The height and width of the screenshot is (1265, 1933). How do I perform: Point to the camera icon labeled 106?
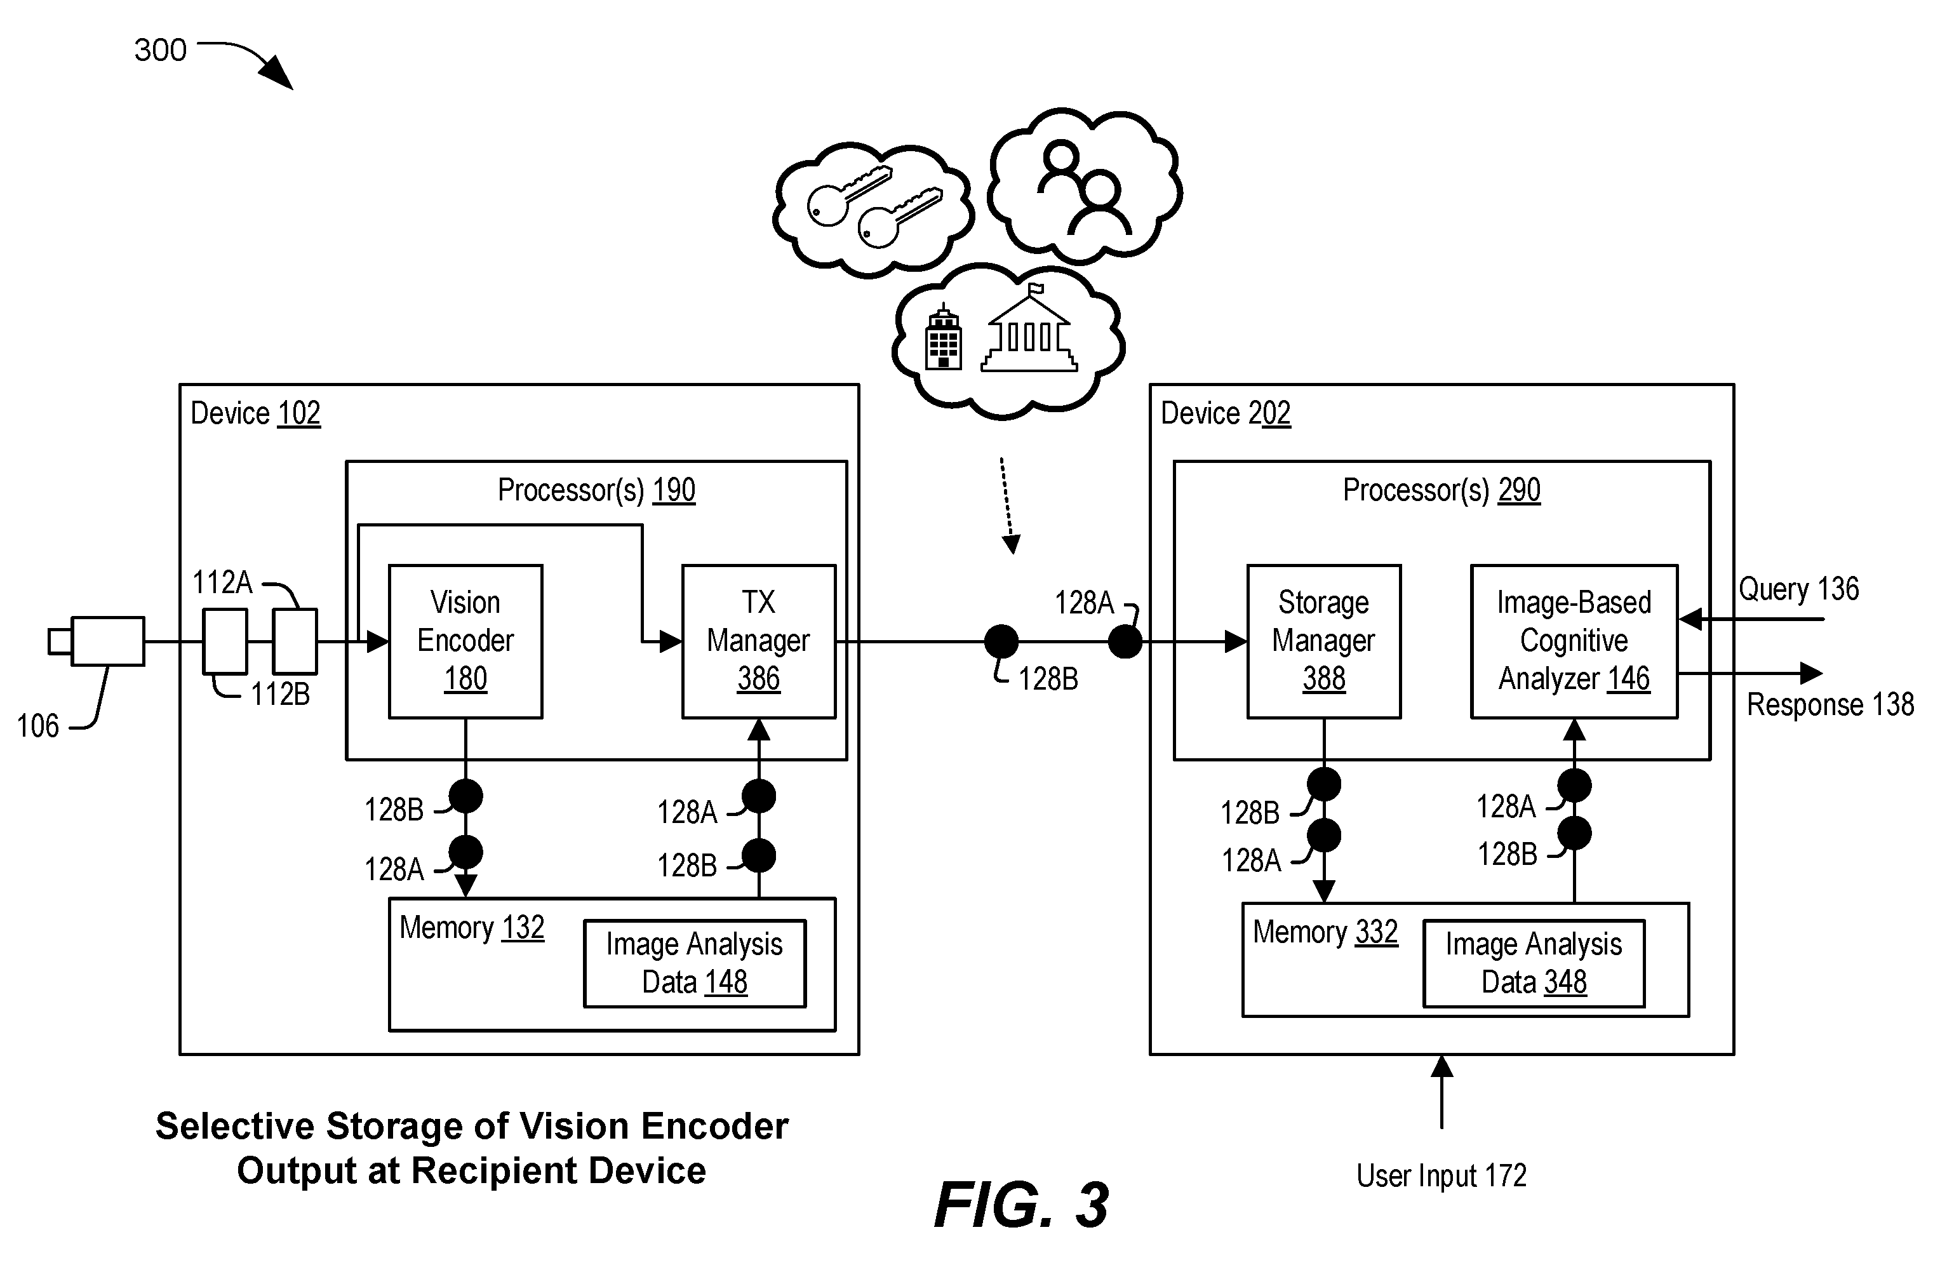pos(97,641)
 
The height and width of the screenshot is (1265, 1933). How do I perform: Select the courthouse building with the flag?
pos(1029,328)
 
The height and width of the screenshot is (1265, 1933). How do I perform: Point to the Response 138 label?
pos(1830,704)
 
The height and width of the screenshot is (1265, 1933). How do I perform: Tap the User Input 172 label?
pos(1441,1175)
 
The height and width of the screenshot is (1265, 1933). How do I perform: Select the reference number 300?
pos(160,50)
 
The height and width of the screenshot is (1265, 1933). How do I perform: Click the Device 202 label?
pos(1226,413)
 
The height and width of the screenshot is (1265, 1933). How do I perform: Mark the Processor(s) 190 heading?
pos(596,490)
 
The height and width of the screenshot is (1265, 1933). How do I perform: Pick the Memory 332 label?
pos(1325,932)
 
